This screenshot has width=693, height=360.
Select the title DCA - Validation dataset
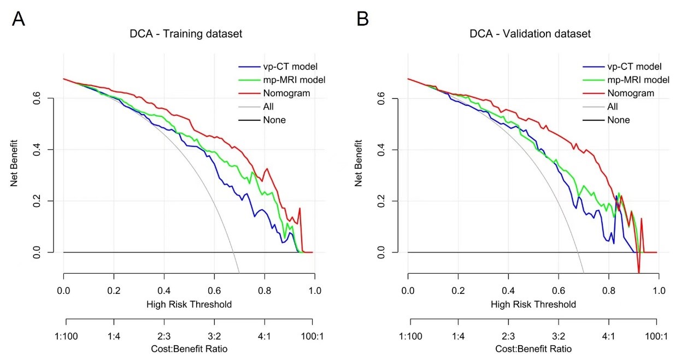(x=530, y=34)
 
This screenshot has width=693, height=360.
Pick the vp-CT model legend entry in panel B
(x=633, y=67)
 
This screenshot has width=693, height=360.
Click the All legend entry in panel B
(x=613, y=107)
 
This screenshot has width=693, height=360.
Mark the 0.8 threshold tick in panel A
(x=265, y=290)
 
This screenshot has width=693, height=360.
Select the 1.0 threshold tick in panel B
(x=659, y=290)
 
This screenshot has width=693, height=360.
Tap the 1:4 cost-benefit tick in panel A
(x=114, y=336)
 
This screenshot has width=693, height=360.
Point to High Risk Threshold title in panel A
(x=189, y=304)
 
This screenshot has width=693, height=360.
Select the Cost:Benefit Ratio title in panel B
(x=533, y=349)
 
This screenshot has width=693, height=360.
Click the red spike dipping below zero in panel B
(x=638, y=270)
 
